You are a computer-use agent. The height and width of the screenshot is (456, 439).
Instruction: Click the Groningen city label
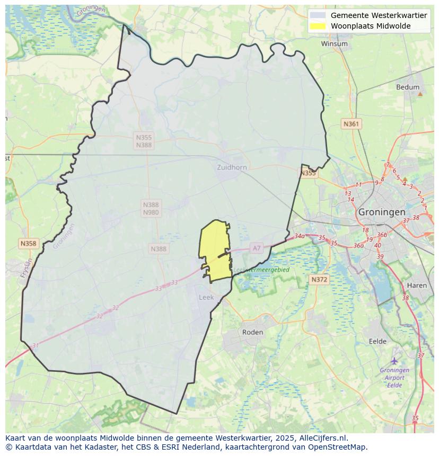[382, 212]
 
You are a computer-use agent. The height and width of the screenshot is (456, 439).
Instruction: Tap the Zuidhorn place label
[232, 167]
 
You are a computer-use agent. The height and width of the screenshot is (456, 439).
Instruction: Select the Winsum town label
[334, 44]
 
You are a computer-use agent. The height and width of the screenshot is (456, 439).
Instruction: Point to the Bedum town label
[408, 87]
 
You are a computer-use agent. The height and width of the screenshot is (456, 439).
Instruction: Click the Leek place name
[206, 298]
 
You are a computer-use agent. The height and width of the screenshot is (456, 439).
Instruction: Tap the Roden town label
[252, 332]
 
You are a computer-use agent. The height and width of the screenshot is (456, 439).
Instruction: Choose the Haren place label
[417, 285]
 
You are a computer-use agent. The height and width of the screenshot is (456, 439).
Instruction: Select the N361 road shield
[351, 124]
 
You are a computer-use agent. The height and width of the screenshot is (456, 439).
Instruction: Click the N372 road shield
[319, 279]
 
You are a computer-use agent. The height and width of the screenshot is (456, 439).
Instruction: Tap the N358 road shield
[28, 244]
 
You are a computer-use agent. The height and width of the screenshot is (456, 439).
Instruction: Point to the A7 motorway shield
[257, 248]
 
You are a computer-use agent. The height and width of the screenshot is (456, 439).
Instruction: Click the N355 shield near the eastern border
[308, 173]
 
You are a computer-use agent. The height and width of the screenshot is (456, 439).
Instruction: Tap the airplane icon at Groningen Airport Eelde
[394, 361]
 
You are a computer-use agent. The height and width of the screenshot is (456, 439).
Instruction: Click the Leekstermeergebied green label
[262, 270]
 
